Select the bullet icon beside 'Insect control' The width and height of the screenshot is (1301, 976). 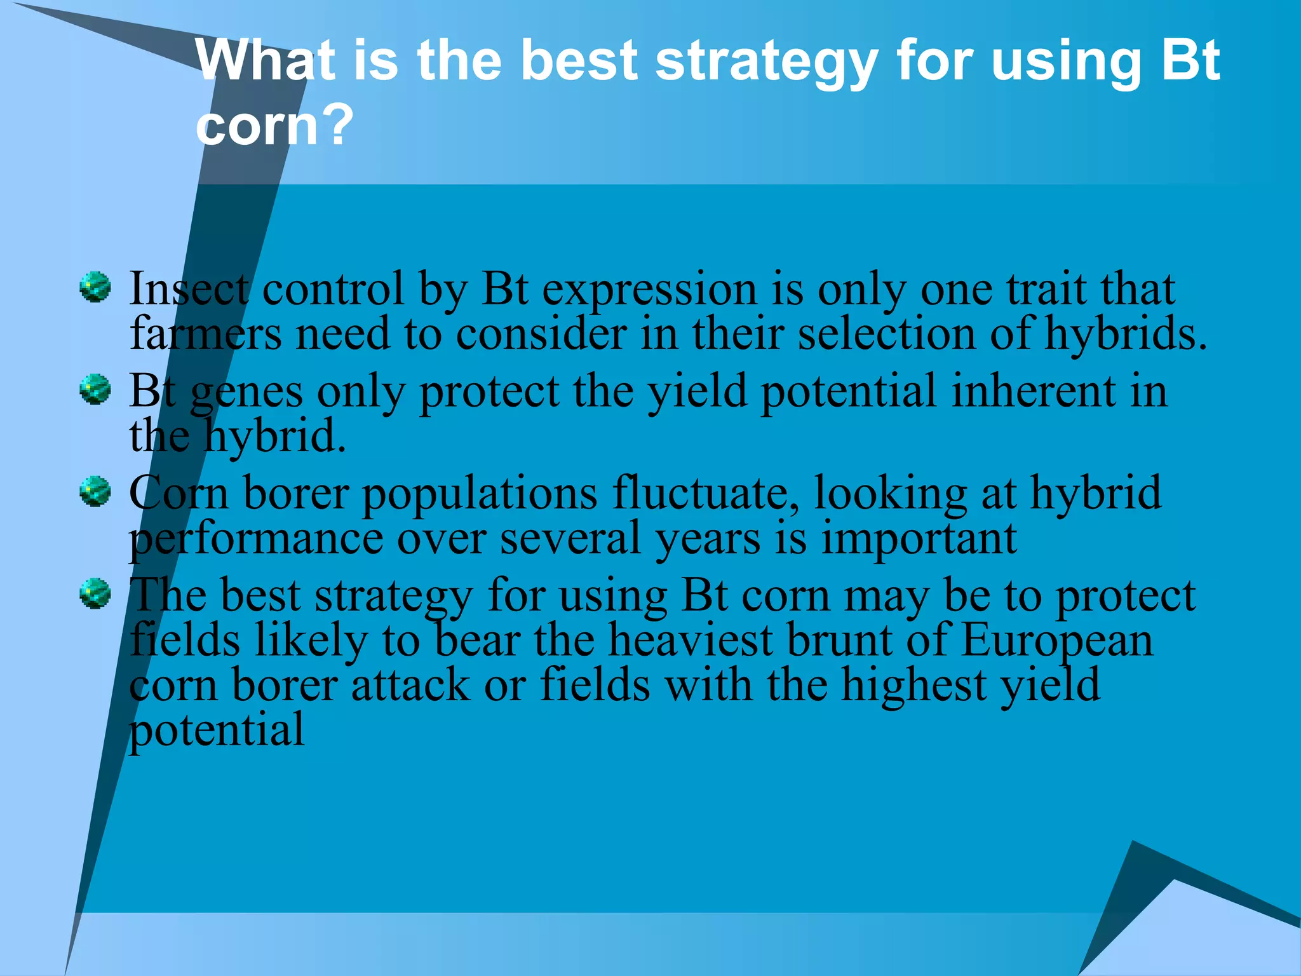pyautogui.click(x=95, y=287)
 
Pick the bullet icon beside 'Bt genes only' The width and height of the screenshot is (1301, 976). pyautogui.click(x=95, y=389)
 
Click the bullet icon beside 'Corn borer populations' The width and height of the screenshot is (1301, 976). pyautogui.click(x=95, y=491)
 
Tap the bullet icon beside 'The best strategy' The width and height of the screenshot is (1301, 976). pyautogui.click(x=95, y=593)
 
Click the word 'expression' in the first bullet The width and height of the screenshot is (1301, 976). pyautogui.click(x=650, y=290)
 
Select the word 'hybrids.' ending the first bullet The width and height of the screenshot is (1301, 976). pyautogui.click(x=1125, y=334)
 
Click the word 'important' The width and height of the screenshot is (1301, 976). pyautogui.click(x=919, y=539)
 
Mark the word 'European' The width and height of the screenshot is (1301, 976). pyautogui.click(x=1056, y=640)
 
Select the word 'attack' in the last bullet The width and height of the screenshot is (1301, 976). pyautogui.click(x=410, y=685)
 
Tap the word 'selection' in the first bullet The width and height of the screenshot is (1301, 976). pyautogui.click(x=887, y=334)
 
